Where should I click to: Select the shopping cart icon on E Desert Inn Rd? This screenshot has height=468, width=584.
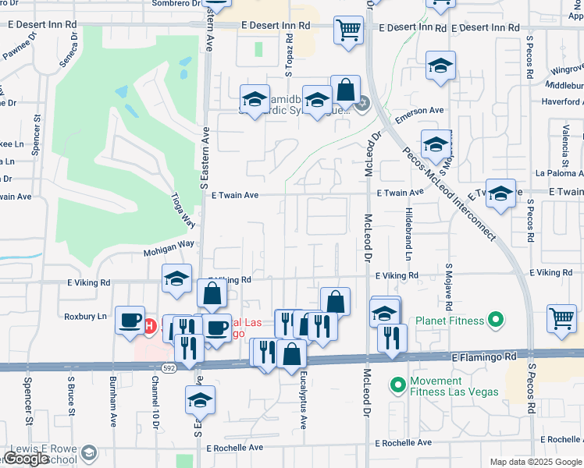(348, 31)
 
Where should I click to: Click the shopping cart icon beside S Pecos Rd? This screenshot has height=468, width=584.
(563, 319)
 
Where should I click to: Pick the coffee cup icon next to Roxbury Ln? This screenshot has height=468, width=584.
(130, 320)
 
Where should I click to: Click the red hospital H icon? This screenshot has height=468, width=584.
(150, 326)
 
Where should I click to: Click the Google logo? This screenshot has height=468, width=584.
(27, 459)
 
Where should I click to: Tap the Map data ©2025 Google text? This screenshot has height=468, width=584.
(535, 462)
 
